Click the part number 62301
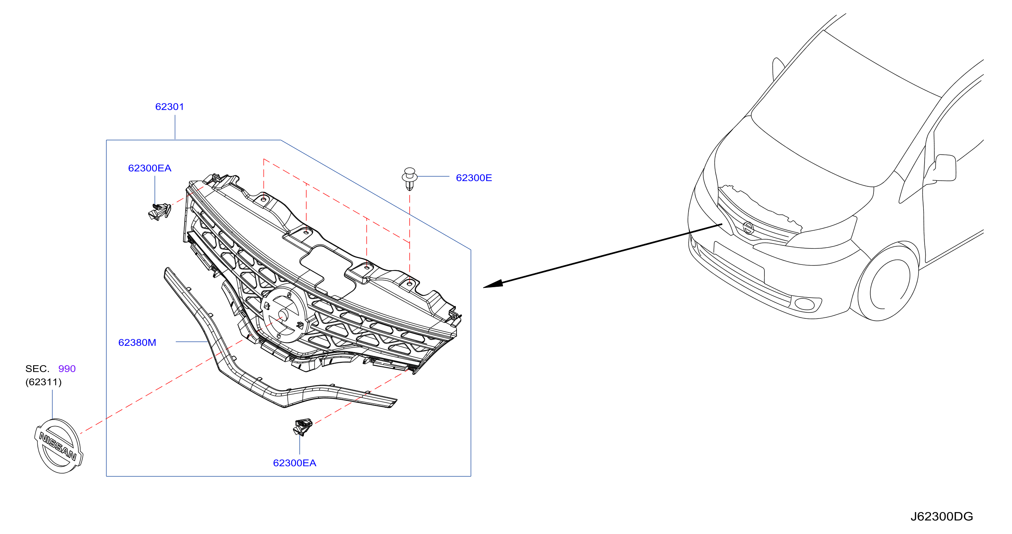(169, 107)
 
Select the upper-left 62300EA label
(150, 168)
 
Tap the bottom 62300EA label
(295, 463)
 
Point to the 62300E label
(474, 178)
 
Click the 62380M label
(137, 342)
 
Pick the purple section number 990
(67, 368)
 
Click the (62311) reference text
(44, 382)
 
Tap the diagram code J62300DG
(942, 516)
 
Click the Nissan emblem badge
(59, 446)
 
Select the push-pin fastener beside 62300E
(409, 179)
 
